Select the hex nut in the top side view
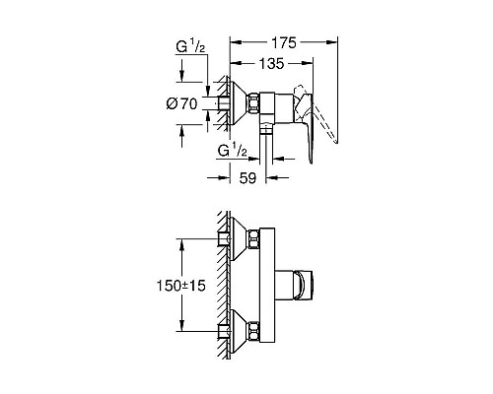click(x=255, y=102)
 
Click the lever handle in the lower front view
click(x=302, y=285)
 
